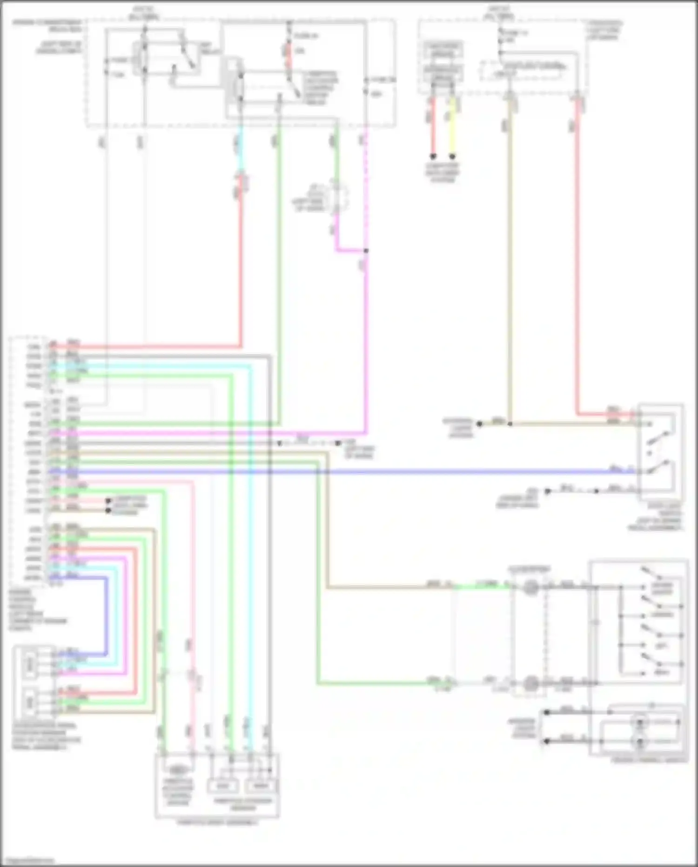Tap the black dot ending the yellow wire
pyautogui.click(x=452, y=157)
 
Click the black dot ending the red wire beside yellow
pyautogui.click(x=433, y=157)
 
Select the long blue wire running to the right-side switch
pyautogui.click(x=419, y=472)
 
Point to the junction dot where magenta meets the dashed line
pyautogui.click(x=366, y=251)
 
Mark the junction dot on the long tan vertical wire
pyautogui.click(x=510, y=424)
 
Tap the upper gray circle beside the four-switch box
pyautogui.click(x=530, y=587)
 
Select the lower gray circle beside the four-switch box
pyautogui.click(x=530, y=683)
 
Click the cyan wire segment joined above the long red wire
pyautogui.click(x=240, y=149)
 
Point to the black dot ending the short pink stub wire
pyautogui.click(x=108, y=501)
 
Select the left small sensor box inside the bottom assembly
pyautogui.click(x=223, y=786)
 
